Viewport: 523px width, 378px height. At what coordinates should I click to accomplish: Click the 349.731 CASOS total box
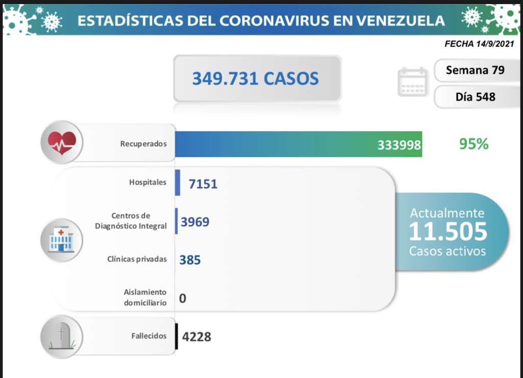257,79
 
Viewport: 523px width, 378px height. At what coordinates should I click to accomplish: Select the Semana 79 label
475,70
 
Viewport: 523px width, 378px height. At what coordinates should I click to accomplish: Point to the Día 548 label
475,96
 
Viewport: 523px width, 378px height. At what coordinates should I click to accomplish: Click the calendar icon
412,82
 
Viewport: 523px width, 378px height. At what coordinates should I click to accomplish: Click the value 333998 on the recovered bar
399,145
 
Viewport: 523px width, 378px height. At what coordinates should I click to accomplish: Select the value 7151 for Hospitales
203,183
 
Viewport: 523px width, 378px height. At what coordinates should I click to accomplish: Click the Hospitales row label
148,182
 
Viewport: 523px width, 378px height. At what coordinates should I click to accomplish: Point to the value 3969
195,222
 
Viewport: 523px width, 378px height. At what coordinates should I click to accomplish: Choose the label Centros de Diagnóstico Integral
131,221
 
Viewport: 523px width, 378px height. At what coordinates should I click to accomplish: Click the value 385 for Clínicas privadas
190,260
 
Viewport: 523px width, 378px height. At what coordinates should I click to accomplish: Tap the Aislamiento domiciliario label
145,297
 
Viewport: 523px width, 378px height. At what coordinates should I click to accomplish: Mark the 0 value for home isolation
182,298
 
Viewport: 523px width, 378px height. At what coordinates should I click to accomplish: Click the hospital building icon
61,240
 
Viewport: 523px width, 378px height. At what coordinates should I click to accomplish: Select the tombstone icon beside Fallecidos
61,336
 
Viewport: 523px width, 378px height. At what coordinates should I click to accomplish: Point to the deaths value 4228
197,337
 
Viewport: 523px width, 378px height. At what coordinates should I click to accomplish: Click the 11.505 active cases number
448,231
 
